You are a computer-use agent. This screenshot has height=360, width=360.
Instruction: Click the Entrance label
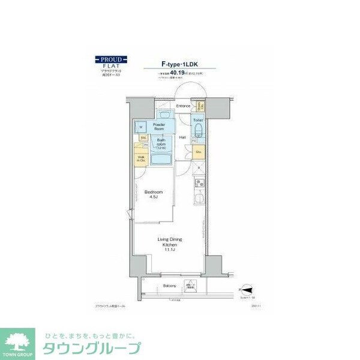(x=183, y=106)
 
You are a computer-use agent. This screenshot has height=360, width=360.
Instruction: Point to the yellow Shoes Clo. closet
(x=198, y=106)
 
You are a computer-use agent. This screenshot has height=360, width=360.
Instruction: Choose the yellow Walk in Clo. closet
(x=141, y=160)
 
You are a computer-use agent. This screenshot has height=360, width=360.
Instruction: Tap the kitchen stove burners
(x=199, y=184)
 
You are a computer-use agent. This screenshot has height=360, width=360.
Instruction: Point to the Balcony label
(x=170, y=286)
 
